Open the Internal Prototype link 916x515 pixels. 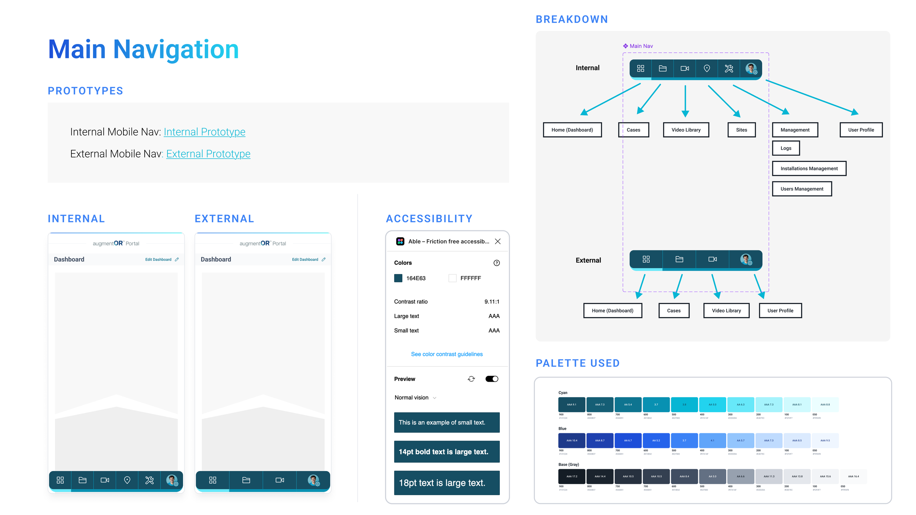pos(204,132)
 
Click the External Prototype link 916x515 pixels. pos(208,154)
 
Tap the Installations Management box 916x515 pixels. pos(809,168)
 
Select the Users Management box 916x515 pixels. pos(802,189)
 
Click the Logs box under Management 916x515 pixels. pos(786,148)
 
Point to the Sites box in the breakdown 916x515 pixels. pos(741,130)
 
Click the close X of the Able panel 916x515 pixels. pos(498,241)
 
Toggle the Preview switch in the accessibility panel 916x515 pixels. pos(492,379)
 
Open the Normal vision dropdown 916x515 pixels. pos(415,398)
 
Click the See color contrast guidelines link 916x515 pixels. pos(447,354)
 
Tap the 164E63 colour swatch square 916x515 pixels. pos(398,278)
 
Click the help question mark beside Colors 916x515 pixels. pos(496,263)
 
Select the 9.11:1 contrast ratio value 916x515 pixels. pos(492,302)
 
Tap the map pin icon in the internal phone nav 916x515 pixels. pos(127,480)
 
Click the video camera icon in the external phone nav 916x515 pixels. pos(280,480)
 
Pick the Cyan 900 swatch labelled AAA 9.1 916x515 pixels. pos(572,405)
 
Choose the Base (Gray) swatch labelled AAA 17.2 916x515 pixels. pos(572,477)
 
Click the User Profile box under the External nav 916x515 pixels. pos(780,311)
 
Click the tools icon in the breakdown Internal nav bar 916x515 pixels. pos(729,68)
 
